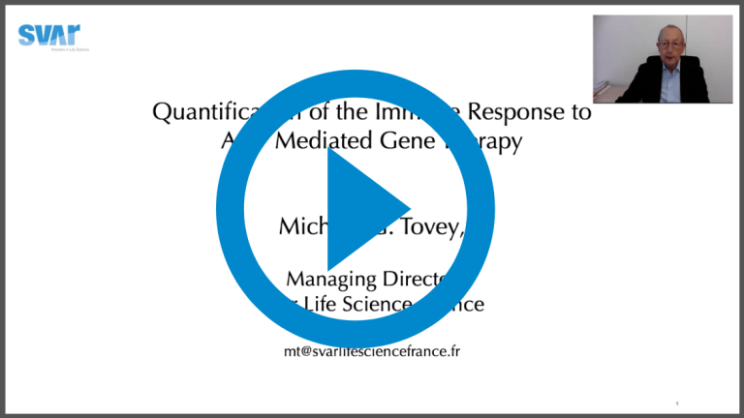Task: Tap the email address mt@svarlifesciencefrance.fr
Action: tap(371, 350)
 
